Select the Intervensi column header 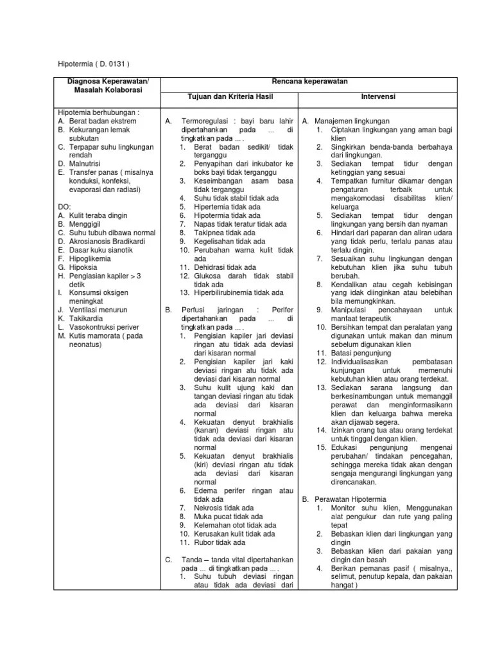(377, 96)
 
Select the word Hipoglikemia (91, 257)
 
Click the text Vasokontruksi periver (102, 326)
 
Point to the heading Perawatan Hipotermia (352, 499)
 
